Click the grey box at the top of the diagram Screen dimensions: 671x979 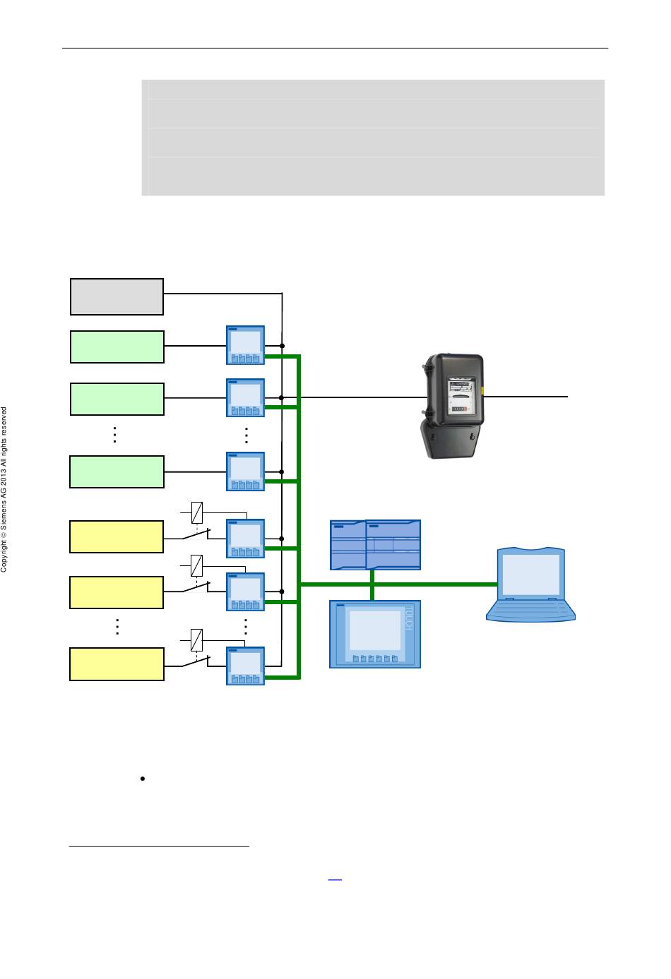(x=117, y=296)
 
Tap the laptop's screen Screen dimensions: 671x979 (x=530, y=574)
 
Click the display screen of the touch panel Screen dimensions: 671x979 (x=375, y=630)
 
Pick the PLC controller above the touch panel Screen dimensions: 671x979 (x=375, y=544)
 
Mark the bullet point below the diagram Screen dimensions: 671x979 (x=143, y=779)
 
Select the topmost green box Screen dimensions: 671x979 (x=117, y=347)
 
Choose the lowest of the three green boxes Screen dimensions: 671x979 (x=117, y=472)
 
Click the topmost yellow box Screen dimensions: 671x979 (x=117, y=536)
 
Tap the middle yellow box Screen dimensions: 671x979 (x=117, y=592)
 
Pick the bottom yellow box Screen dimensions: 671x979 (x=117, y=664)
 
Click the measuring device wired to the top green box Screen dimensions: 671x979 (x=245, y=345)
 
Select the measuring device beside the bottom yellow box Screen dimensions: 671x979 (x=245, y=666)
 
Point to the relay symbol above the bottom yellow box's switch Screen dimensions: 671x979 (x=197, y=639)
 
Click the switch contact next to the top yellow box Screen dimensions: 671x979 (x=196, y=534)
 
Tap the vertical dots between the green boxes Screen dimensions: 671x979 (x=114, y=435)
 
